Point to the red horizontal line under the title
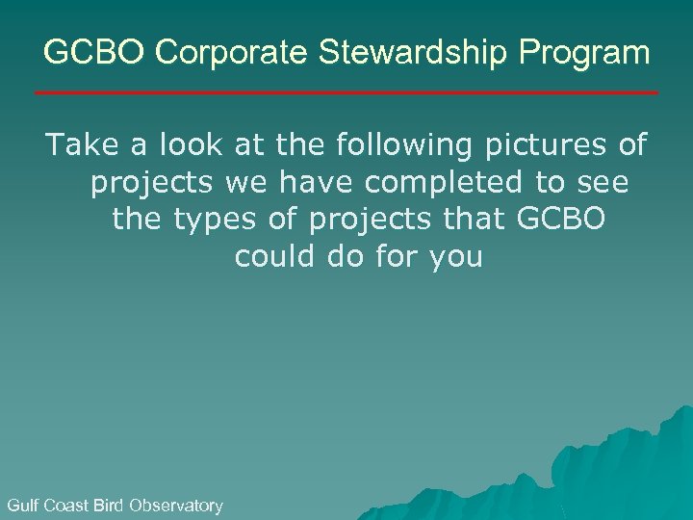click(x=346, y=92)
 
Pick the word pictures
click(x=557, y=147)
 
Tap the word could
click(x=271, y=257)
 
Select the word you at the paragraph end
click(x=453, y=259)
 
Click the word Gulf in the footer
click(x=22, y=505)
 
